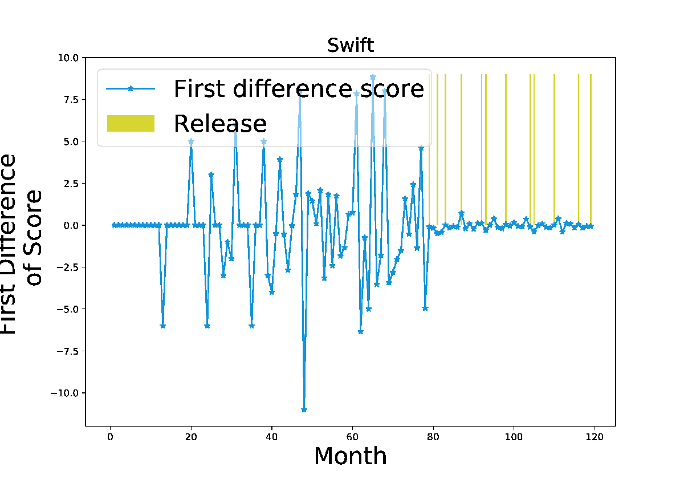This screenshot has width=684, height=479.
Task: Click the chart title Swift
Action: click(x=351, y=45)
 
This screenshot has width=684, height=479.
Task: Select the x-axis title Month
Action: click(x=351, y=456)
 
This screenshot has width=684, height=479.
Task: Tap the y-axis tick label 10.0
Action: click(x=68, y=58)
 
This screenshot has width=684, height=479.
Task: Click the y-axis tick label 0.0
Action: click(x=71, y=225)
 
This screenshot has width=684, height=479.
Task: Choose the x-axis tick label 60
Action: click(x=352, y=437)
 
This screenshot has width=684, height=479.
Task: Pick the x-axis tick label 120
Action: click(x=595, y=437)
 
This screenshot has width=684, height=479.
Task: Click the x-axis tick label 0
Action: click(x=110, y=437)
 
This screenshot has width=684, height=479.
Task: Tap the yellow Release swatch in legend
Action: click(x=131, y=123)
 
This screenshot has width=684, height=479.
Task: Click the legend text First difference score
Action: click(x=299, y=88)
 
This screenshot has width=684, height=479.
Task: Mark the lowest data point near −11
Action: click(x=304, y=409)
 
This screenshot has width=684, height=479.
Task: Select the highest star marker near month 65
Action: click(x=373, y=77)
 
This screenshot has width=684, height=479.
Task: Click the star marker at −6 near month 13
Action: click(x=163, y=326)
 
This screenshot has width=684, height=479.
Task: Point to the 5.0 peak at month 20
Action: click(x=191, y=141)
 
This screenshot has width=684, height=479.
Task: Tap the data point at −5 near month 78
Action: click(x=425, y=308)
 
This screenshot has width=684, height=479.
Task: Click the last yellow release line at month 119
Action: click(x=591, y=149)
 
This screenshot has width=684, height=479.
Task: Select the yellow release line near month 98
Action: click(x=506, y=149)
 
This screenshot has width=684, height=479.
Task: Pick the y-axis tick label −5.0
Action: click(x=67, y=309)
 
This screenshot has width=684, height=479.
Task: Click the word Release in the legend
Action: click(x=220, y=124)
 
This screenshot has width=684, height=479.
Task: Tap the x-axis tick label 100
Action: click(x=514, y=437)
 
